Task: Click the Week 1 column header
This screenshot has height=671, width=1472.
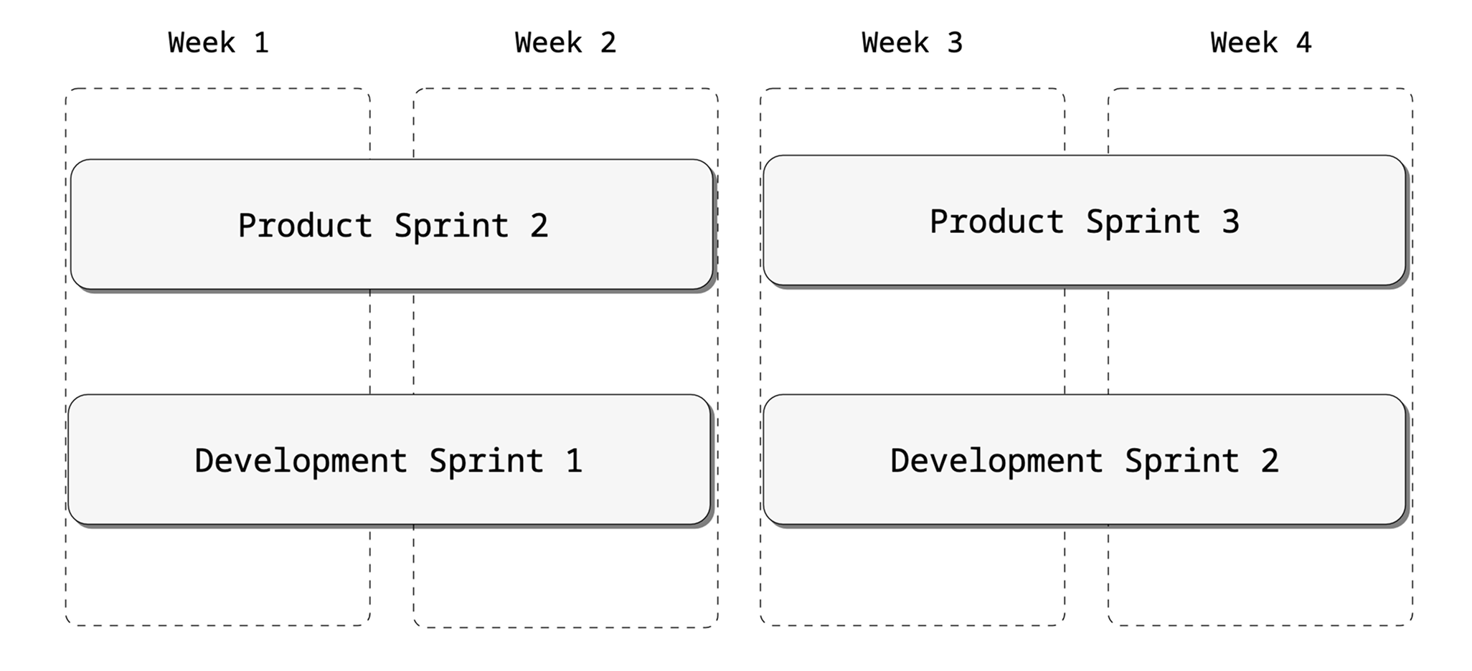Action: [x=218, y=43]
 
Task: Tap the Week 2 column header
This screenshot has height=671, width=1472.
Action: [x=565, y=43]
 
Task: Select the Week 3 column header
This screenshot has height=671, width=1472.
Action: [x=912, y=43]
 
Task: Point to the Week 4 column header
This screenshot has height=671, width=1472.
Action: [x=1260, y=43]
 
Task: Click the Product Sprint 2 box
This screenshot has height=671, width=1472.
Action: [x=392, y=224]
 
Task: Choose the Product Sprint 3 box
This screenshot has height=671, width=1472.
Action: [x=1084, y=220]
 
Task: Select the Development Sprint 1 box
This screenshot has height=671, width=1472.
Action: [x=389, y=460]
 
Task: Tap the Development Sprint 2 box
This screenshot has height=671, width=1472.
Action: [x=1084, y=460]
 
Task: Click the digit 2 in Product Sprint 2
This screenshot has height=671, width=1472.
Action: [x=539, y=226]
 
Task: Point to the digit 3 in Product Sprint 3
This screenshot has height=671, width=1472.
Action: [x=1231, y=222]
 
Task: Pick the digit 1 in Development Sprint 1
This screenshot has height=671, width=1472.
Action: [x=574, y=460]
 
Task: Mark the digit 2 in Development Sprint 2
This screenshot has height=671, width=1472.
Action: [x=1270, y=460]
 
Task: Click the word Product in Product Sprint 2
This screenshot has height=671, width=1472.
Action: [x=305, y=226]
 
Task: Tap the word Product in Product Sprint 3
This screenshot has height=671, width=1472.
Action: [x=996, y=222]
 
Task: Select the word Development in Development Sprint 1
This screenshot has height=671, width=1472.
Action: [x=301, y=460]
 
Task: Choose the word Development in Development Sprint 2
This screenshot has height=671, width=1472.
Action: [x=996, y=460]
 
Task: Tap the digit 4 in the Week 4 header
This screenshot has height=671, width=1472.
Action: [x=1304, y=43]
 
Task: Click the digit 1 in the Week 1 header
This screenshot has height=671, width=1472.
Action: [x=262, y=43]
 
